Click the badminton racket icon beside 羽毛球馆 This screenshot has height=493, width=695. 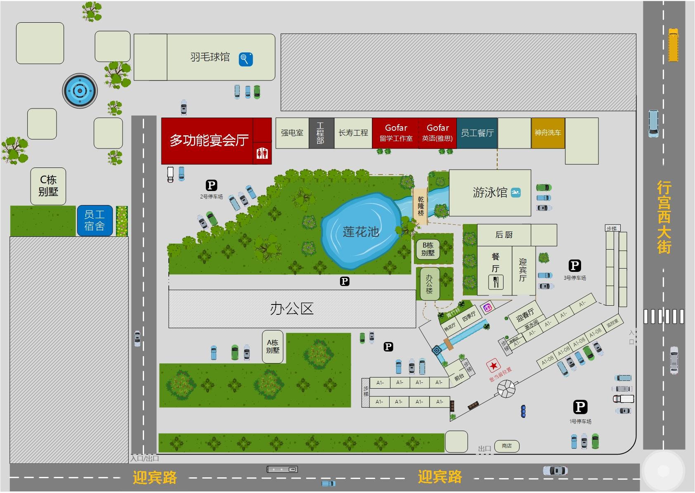pyautogui.click(x=246, y=59)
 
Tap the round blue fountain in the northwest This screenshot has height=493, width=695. pyautogui.click(x=80, y=91)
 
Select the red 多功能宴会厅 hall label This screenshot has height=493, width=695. pyautogui.click(x=209, y=140)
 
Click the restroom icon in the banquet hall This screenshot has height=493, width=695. pyautogui.click(x=262, y=153)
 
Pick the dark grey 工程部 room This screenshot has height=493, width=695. pyautogui.click(x=321, y=133)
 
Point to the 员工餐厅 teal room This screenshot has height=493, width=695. pyautogui.click(x=477, y=133)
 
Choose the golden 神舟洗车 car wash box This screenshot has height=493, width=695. pyautogui.click(x=548, y=133)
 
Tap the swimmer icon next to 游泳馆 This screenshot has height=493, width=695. pyautogui.click(x=516, y=192)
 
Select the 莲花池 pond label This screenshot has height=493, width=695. pyautogui.click(x=361, y=231)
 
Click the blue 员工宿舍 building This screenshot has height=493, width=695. pyautogui.click(x=95, y=220)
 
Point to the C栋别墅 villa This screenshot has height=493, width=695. pyautogui.click(x=48, y=186)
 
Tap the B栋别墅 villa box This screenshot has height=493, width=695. pyautogui.click(x=428, y=249)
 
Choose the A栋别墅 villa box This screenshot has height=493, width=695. pyautogui.click(x=273, y=347)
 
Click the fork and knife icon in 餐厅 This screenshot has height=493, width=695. pyautogui.click(x=496, y=282)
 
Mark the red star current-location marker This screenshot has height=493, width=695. pyautogui.click(x=493, y=366)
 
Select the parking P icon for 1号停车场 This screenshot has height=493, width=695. pyautogui.click(x=580, y=407)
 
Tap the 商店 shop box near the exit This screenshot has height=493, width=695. pyautogui.click(x=506, y=446)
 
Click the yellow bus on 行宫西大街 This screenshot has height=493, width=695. pyautogui.click(x=673, y=45)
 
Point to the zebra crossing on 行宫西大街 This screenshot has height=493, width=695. pyautogui.click(x=664, y=316)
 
